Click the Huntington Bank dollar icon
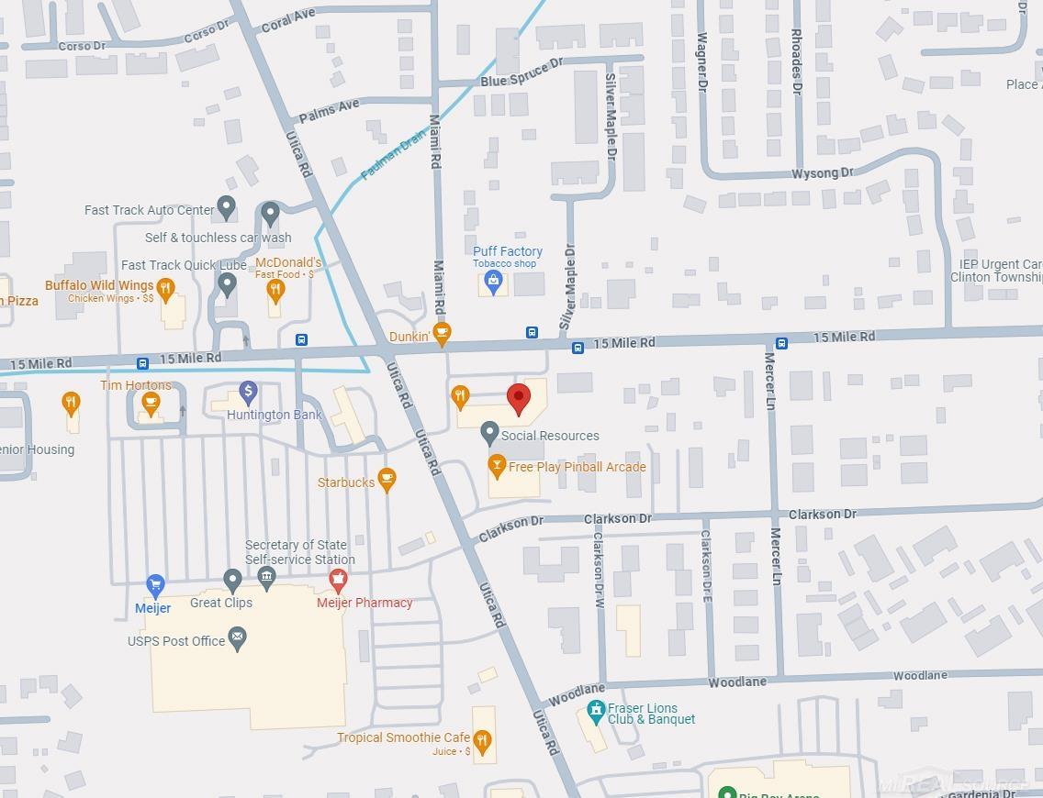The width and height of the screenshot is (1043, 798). pos(247,393)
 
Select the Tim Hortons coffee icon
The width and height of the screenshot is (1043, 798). pos(151,402)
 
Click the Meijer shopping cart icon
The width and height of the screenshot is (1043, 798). pos(155,584)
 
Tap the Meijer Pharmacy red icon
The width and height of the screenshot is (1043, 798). pos(338,580)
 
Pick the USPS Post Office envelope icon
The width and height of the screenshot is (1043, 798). pos(237,638)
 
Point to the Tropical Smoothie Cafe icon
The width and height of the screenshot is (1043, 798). pos(483,739)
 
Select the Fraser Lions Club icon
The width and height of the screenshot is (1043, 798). pos(595,710)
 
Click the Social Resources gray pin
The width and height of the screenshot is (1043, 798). pos(489,434)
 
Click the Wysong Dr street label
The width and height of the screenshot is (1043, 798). pos(822,172)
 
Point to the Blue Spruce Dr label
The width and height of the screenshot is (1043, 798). pos(521,73)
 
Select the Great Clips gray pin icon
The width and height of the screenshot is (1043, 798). pos(232,580)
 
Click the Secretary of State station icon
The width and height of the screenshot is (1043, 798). pos(267,578)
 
